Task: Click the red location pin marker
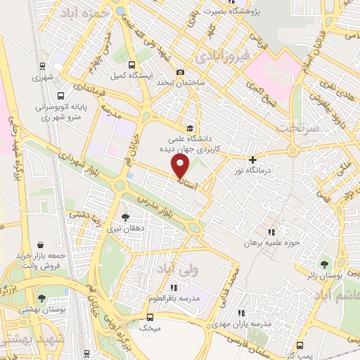(x=181, y=166)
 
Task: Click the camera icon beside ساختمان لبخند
(x=181, y=72)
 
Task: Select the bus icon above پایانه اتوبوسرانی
(x=60, y=94)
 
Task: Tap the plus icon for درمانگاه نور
(x=252, y=160)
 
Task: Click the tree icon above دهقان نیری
(x=125, y=217)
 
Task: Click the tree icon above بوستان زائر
(x=323, y=264)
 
